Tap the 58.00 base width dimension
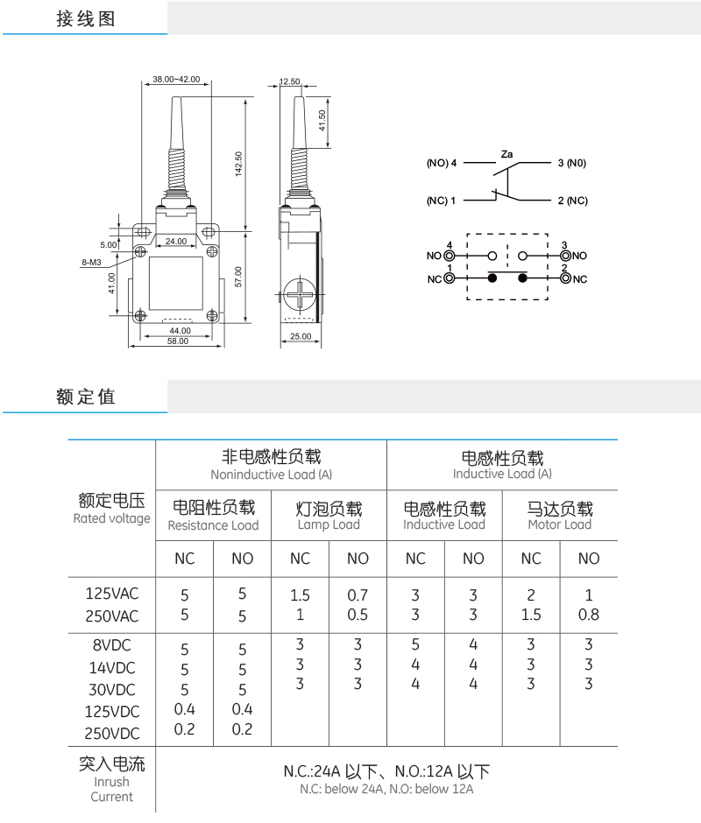coord(178,341)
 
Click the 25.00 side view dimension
coord(300,335)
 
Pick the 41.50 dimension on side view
coord(322,120)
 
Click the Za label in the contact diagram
coord(507,154)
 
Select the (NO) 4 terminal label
coord(443,164)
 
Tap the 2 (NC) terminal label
coord(572,200)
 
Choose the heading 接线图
coord(86,18)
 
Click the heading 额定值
coord(86,397)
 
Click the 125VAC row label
coord(112,594)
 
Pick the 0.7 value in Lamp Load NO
coord(358,594)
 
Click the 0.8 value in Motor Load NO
coord(589,614)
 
